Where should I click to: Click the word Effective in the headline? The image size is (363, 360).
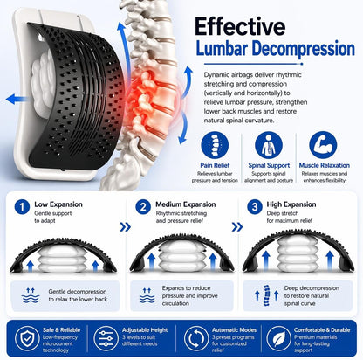[240, 26]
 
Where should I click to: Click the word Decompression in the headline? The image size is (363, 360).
[304, 49]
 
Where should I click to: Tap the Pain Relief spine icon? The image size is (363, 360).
[215, 145]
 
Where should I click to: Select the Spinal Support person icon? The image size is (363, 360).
[269, 145]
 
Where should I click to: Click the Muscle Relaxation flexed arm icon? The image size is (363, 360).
[323, 145]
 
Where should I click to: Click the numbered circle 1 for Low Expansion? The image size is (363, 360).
[22, 207]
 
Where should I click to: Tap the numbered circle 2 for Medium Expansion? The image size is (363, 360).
[143, 207]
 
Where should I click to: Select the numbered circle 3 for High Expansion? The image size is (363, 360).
[255, 207]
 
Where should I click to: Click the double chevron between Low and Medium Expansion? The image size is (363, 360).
[125, 227]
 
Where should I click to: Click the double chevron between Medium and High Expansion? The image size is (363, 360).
[237, 227]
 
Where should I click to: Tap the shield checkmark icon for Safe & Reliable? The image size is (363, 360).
[27, 339]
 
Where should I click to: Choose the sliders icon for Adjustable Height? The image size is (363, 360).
[106, 339]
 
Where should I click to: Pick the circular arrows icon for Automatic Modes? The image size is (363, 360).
[196, 339]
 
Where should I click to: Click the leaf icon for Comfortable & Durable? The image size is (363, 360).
[278, 339]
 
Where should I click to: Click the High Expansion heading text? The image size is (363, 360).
[291, 204]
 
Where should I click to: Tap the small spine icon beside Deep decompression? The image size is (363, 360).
[266, 295]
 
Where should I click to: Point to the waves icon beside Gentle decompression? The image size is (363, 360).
[31, 295]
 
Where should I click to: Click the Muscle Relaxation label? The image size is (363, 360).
[325, 165]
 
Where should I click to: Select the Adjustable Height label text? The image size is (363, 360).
[145, 330]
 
